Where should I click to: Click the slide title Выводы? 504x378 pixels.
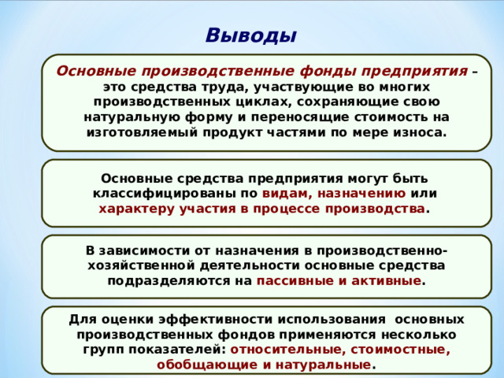[250, 36]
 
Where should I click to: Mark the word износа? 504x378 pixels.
[417, 132]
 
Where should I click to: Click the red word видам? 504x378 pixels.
[286, 193]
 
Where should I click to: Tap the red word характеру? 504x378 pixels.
[134, 209]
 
